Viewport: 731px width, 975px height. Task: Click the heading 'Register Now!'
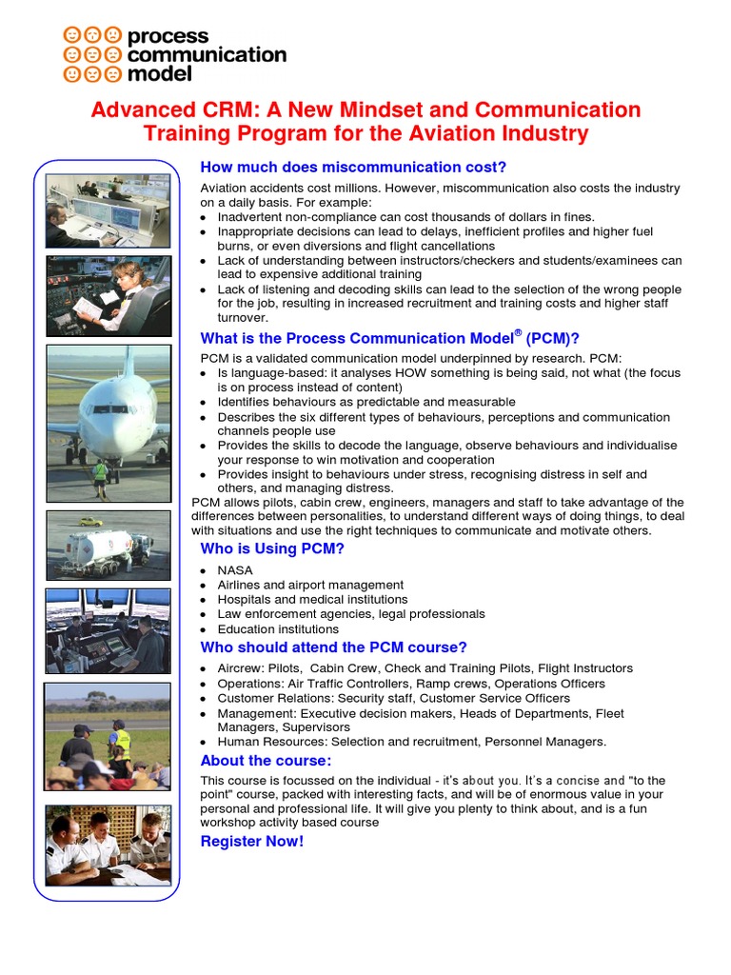[251, 842]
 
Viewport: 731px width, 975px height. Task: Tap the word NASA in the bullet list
[235, 570]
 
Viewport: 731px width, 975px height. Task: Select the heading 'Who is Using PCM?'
[272, 548]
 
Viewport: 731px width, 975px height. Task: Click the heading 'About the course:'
[266, 761]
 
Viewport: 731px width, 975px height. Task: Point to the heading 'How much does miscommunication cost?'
[353, 168]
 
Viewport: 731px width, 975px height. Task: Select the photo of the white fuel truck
[109, 546]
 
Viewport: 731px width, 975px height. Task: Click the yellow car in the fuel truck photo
[90, 522]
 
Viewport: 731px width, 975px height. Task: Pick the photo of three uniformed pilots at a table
[109, 845]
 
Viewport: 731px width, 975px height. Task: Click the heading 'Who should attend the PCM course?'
[333, 647]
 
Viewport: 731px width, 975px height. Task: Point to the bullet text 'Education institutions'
[278, 629]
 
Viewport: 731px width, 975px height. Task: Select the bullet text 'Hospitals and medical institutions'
[312, 600]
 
